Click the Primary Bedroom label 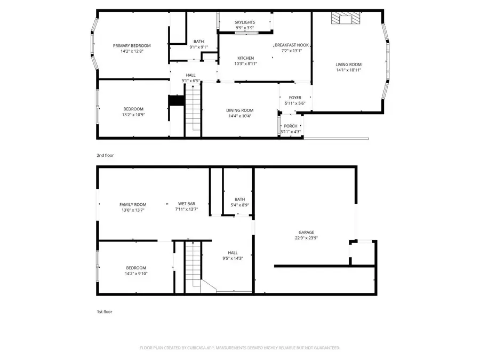(132, 46)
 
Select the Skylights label (245, 22)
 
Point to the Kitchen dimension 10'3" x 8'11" (245, 63)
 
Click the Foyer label (295, 98)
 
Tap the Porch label (291, 126)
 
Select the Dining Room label (239, 110)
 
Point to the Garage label (306, 233)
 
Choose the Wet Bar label (186, 204)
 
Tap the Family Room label (132, 204)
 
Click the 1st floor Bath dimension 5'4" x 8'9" (239, 205)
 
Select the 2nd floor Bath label (198, 42)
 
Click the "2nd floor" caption (106, 155)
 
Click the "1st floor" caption (105, 311)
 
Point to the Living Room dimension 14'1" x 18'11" (348, 70)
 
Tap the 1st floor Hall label (233, 253)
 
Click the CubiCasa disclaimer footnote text (239, 348)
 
